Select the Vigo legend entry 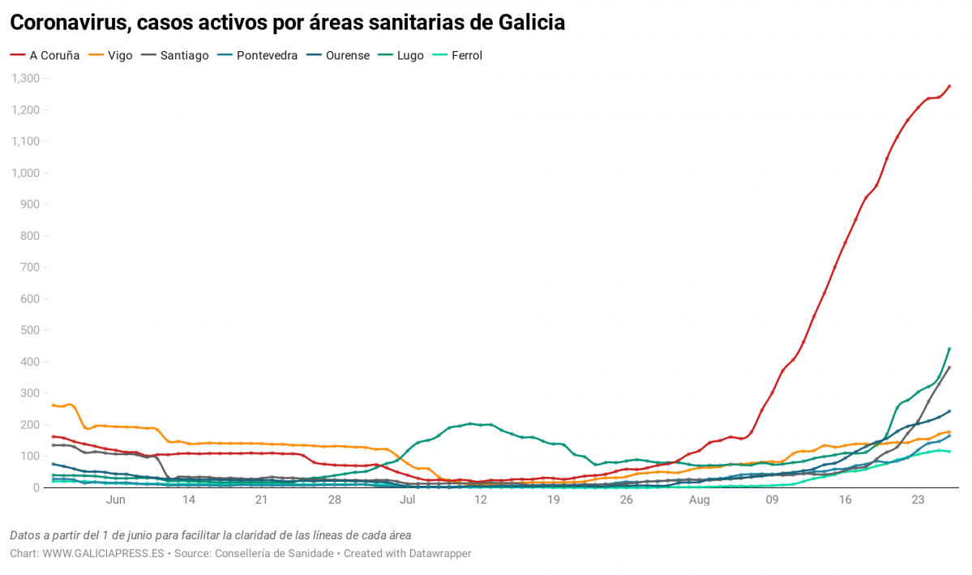(120, 56)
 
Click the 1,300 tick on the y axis (25, 79)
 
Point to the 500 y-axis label (30, 331)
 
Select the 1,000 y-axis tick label (25, 174)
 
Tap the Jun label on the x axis (115, 500)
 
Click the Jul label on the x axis (407, 500)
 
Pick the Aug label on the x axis (699, 500)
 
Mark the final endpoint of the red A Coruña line (949, 87)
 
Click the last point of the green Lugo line (949, 349)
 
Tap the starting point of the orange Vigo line (53, 405)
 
